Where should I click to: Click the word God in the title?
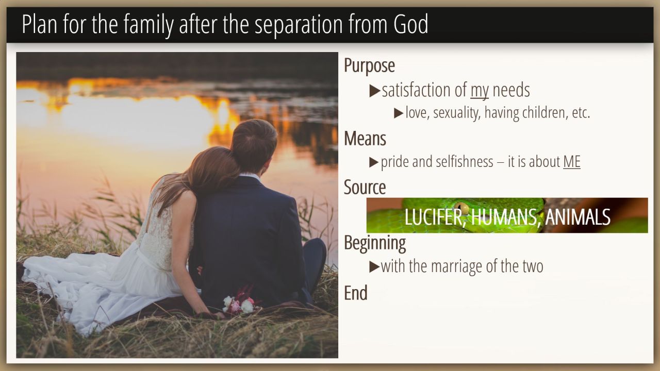pyautogui.click(x=411, y=24)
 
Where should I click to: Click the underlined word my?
pyautogui.click(x=480, y=91)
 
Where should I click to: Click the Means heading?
pyautogui.click(x=365, y=139)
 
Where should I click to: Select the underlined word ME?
pyautogui.click(x=572, y=162)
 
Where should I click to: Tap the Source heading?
pyautogui.click(x=365, y=187)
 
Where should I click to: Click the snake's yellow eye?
pyautogui.click(x=461, y=208)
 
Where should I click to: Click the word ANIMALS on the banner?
pyautogui.click(x=577, y=217)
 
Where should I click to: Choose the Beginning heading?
pyautogui.click(x=375, y=243)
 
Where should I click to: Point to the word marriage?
pyautogui.click(x=457, y=267)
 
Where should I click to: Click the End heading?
pyautogui.click(x=356, y=293)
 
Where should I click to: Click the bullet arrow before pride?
pyautogui.click(x=374, y=162)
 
